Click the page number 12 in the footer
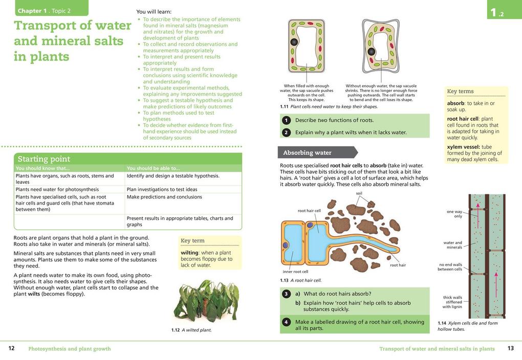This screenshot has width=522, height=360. (11, 348)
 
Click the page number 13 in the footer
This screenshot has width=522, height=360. (510, 348)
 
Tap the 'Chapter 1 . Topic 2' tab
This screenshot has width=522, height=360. (44, 11)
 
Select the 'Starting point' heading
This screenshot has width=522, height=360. (44, 159)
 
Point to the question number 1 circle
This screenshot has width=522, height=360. (286, 120)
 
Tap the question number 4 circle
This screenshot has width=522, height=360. (286, 322)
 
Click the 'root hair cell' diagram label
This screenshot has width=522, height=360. (309, 211)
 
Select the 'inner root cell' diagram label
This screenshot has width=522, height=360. (295, 272)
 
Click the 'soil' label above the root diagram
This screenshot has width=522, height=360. (359, 193)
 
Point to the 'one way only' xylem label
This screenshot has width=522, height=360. (454, 214)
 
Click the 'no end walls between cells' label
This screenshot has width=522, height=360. (450, 267)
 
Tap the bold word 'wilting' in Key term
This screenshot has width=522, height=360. (189, 253)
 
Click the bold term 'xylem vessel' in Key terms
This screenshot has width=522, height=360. (462, 147)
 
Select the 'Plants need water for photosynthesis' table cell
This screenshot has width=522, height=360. (57, 189)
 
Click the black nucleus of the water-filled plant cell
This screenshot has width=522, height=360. (294, 42)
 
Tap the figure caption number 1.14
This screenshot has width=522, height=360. (442, 323)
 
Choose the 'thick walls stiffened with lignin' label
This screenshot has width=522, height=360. (452, 302)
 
